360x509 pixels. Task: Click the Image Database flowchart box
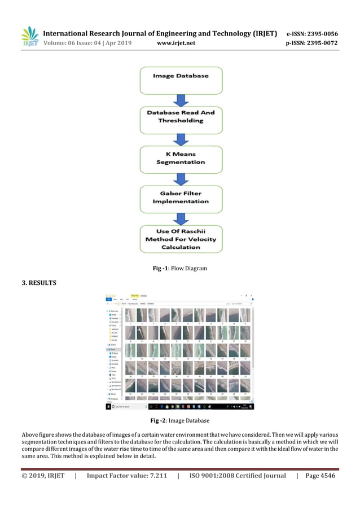coord(181,76)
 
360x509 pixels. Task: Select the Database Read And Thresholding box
coord(181,117)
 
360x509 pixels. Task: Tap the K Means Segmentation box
coord(181,157)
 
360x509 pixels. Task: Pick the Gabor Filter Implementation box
coord(181,197)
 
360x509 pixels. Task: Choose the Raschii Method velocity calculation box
coord(181,239)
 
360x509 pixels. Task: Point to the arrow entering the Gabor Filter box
coord(181,179)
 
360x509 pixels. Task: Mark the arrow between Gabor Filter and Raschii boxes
coord(181,219)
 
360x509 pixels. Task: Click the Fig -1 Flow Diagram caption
coord(180,269)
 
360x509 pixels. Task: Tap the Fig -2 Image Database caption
coord(180,421)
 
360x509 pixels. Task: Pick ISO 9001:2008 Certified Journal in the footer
coord(237,476)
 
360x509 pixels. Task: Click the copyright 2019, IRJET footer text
coord(43,476)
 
